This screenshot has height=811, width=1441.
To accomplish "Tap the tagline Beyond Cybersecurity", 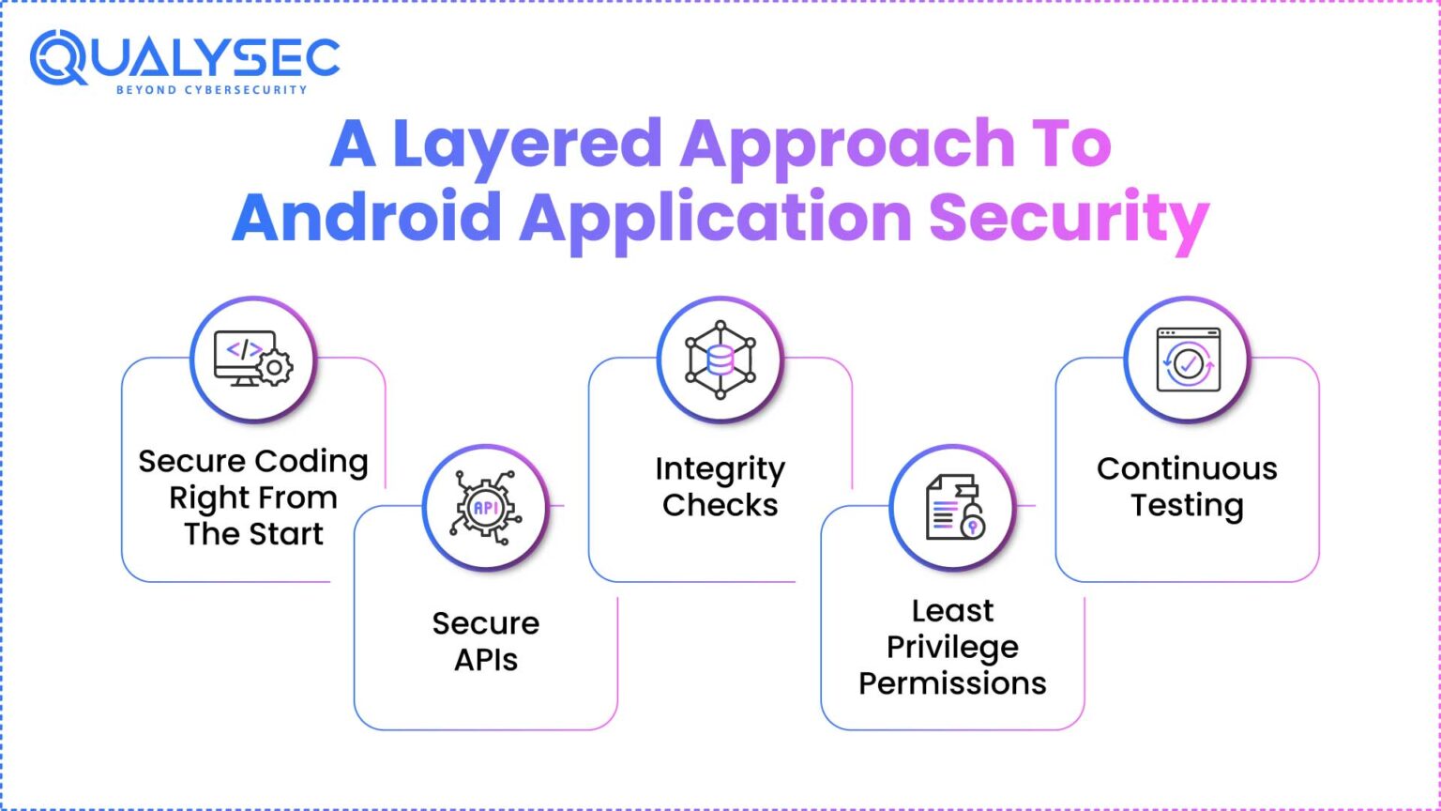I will tap(211, 90).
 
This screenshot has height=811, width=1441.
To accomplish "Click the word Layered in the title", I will tap(527, 145).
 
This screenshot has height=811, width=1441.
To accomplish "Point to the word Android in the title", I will tap(367, 217).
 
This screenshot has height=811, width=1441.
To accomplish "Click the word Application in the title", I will tap(716, 219).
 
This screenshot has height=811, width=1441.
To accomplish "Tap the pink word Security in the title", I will tap(1069, 219).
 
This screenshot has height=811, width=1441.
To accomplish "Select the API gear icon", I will tap(485, 507).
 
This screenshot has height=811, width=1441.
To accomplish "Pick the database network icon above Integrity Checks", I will tap(720, 359).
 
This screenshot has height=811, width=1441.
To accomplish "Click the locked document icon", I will tap(953, 507).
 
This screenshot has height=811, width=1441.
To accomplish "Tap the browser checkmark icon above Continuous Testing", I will tap(1187, 359).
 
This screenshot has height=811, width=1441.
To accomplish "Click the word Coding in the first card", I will tap(311, 461).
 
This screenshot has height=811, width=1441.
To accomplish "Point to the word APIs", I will tap(486, 660).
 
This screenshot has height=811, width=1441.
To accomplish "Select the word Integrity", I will tap(720, 468).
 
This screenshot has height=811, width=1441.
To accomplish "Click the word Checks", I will tap(720, 505).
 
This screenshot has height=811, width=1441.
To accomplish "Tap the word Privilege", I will tap(952, 647).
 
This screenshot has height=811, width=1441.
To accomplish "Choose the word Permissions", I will tap(952, 683).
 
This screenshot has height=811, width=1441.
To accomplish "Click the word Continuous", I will tap(1187, 468).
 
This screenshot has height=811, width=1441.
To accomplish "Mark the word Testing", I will tap(1187, 505).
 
